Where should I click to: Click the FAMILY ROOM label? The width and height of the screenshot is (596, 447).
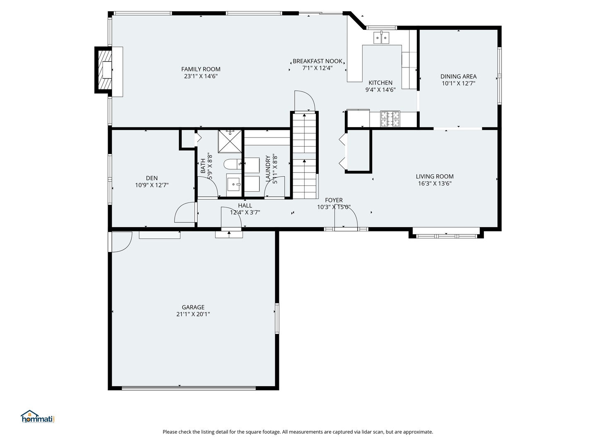click(x=201, y=69)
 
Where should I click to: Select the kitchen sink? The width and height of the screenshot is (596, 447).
click(x=382, y=38)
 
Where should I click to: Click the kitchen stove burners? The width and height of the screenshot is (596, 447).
click(x=390, y=118)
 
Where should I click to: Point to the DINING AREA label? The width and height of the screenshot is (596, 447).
click(x=458, y=76)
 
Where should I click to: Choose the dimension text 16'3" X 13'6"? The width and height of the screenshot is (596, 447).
click(x=435, y=183)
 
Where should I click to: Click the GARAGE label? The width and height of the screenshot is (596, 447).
click(x=193, y=307)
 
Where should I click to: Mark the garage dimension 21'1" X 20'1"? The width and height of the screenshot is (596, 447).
click(x=193, y=314)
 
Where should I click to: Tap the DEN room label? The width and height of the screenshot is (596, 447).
click(x=151, y=178)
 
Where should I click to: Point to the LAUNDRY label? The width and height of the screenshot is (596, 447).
click(x=268, y=169)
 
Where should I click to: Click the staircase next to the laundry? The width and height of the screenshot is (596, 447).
click(x=305, y=157)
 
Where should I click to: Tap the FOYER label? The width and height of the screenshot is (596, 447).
click(x=334, y=200)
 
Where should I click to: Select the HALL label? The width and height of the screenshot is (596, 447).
click(x=245, y=205)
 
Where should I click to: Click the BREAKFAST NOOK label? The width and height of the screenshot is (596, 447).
click(x=317, y=61)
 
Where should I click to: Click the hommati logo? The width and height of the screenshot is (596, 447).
click(x=38, y=417)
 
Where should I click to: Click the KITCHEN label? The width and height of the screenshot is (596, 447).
click(x=380, y=83)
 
